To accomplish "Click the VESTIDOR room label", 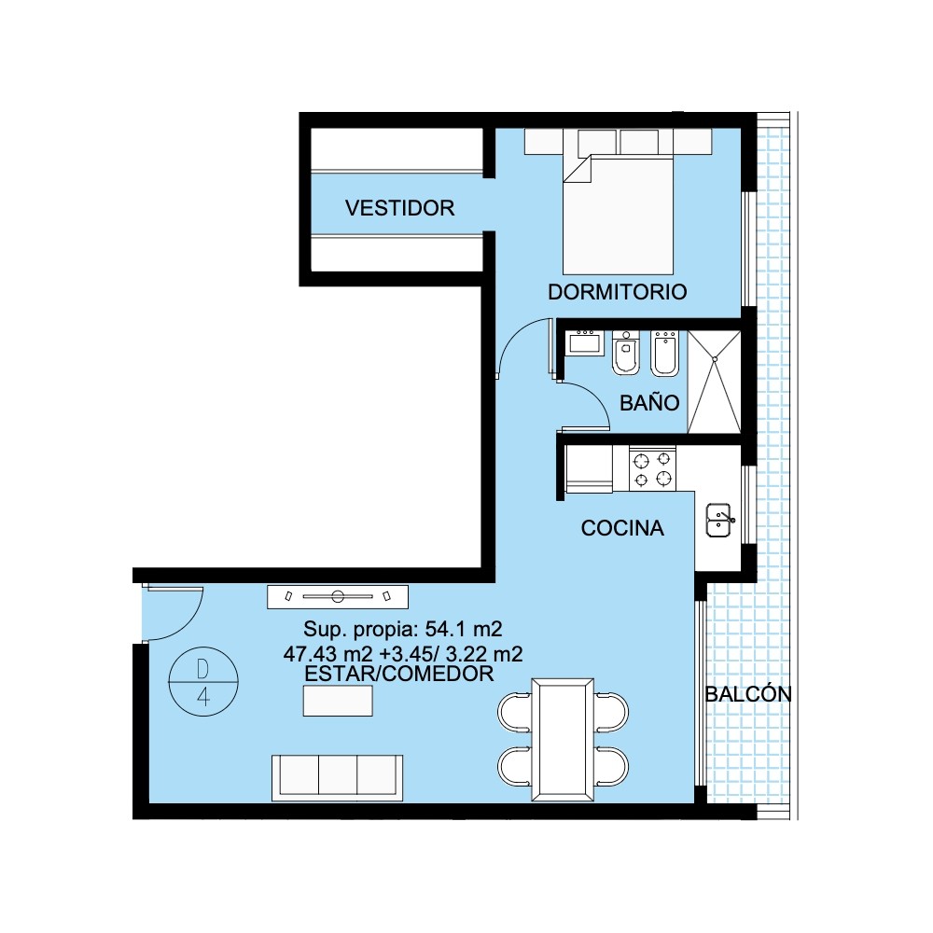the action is (x=399, y=208).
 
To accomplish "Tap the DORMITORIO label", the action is (x=617, y=291).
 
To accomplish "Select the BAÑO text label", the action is (x=649, y=402).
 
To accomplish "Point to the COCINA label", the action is (x=621, y=528).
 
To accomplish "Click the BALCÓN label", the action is (x=748, y=693).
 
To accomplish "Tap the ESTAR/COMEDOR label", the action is (x=398, y=674).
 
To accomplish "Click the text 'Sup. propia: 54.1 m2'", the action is (x=403, y=628).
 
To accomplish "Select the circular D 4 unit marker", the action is (x=203, y=681).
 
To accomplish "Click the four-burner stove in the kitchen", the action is (x=653, y=469).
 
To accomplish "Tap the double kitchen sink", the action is (x=718, y=521).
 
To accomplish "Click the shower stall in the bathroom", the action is (x=714, y=382).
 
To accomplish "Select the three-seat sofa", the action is (x=338, y=778).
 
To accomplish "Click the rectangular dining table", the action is (x=563, y=740).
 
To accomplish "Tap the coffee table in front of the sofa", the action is (x=338, y=701).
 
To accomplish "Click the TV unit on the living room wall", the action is (x=338, y=596).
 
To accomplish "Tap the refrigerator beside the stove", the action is (x=589, y=469).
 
